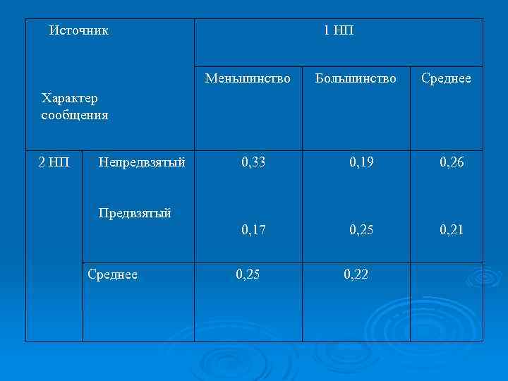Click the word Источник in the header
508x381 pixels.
79,30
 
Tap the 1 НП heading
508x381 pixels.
338,30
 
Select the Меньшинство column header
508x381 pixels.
248,78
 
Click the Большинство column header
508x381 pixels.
356,78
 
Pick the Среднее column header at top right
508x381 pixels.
446,78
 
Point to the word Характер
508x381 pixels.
70,98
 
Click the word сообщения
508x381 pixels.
75,114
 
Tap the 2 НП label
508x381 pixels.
53,162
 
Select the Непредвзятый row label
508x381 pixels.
143,162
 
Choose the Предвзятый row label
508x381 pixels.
135,212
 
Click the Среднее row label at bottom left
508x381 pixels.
112,274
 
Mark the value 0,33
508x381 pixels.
253,162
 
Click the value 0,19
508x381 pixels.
362,162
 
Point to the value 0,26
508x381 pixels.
452,162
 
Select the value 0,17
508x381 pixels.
253,229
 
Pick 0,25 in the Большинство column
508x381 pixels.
362,229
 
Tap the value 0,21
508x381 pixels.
452,229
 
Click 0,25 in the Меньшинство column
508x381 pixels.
248,274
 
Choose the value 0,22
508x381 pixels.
356,274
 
